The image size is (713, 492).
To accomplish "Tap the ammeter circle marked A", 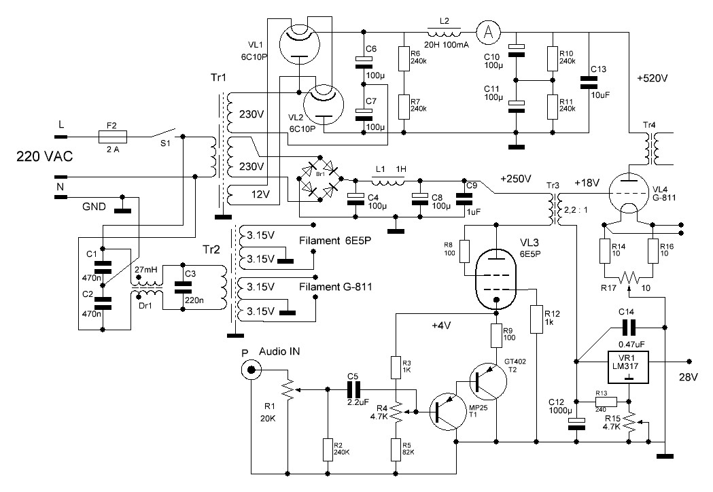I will (486, 31).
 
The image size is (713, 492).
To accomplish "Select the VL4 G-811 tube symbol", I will (629, 192).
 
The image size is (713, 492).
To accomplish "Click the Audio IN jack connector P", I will (253, 370).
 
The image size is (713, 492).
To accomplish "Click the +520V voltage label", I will (653, 78).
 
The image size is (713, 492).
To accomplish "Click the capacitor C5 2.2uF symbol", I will (354, 389).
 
